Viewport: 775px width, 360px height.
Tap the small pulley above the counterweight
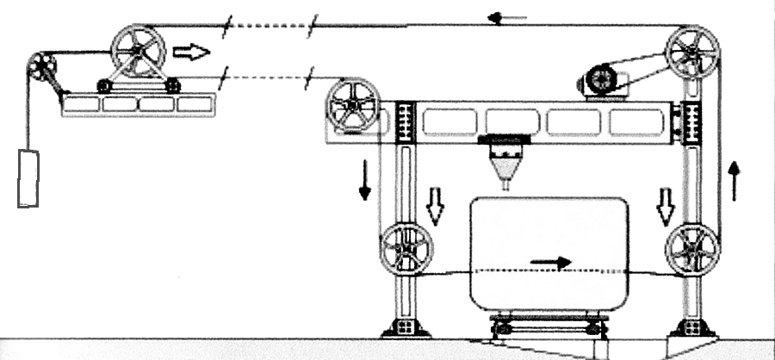(x=41, y=66)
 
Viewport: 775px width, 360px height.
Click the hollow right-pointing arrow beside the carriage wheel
(x=190, y=53)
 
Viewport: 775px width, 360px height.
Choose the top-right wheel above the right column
(x=694, y=53)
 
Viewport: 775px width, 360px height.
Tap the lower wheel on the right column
(x=693, y=252)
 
